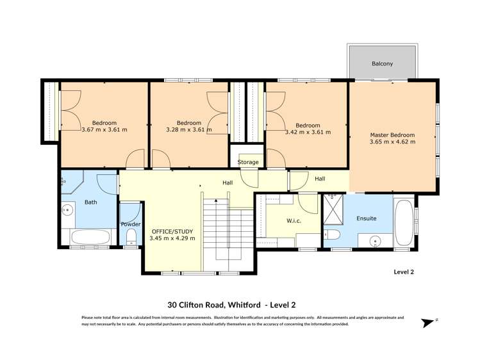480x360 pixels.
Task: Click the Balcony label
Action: pyautogui.click(x=382, y=64)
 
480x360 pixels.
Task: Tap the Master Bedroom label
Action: pyautogui.click(x=392, y=135)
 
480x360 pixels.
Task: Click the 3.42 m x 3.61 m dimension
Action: pyautogui.click(x=308, y=132)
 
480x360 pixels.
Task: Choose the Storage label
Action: pyautogui.click(x=248, y=162)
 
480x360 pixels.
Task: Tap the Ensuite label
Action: pyautogui.click(x=367, y=218)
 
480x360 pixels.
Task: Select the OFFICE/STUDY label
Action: pyautogui.click(x=172, y=231)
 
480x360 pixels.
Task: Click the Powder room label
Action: pyautogui.click(x=130, y=224)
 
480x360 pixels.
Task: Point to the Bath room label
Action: pyautogui.click(x=90, y=203)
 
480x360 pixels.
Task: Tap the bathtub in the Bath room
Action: pyautogui.click(x=90, y=238)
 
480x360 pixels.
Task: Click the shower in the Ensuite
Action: pyautogui.click(x=333, y=212)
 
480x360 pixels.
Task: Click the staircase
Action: pyautogui.click(x=229, y=231)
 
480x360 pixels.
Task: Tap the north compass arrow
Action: pyautogui.click(x=428, y=322)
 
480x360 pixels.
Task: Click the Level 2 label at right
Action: pyautogui.click(x=404, y=272)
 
